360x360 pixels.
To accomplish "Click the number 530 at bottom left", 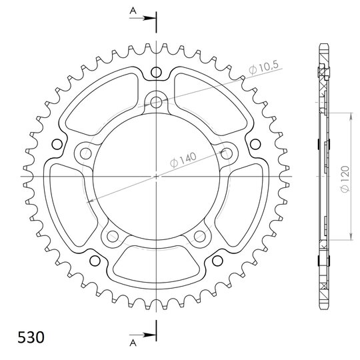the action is point(31,337).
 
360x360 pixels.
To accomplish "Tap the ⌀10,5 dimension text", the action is point(263,67).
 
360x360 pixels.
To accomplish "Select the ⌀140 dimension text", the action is point(183,159).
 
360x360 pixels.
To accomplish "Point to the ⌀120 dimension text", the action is point(345,179).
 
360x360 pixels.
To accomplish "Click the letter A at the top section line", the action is point(133,10).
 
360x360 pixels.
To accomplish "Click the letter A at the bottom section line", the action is point(133,343).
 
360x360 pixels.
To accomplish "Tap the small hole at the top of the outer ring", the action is point(156,72).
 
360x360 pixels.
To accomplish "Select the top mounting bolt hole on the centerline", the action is point(156,102).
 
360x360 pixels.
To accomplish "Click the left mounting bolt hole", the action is point(86,153).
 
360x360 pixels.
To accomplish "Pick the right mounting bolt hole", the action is point(227,153).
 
